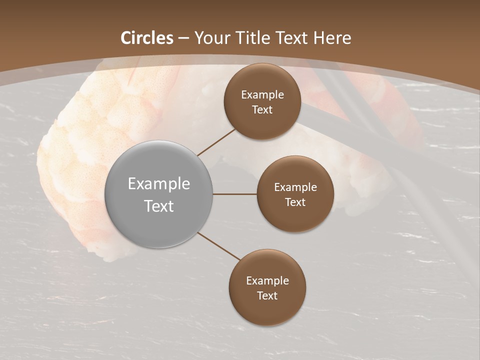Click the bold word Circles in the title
[147, 38]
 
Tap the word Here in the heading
[332, 38]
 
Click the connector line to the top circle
[216, 142]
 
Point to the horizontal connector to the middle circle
[234, 194]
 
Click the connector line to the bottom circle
[218, 246]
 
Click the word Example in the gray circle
[159, 184]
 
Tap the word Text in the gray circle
[159, 206]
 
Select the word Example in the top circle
[262, 95]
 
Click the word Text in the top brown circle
[262, 110]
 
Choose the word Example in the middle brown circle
[295, 187]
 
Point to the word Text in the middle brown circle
[295, 202]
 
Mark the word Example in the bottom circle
[267, 281]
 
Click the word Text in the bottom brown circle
[267, 296]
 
